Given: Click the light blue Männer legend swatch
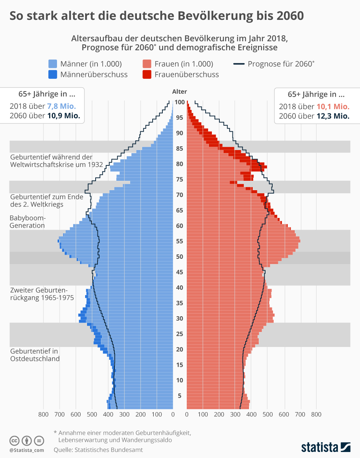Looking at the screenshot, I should point(53,64).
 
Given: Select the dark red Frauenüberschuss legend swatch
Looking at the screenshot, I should point(147,74).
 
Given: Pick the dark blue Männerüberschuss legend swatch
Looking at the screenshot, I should point(53,74).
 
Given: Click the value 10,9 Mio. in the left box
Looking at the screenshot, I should point(63,116).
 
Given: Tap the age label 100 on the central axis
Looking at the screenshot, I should point(180,102).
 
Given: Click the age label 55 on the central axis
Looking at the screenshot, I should point(180,241).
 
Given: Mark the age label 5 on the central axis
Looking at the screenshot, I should point(180,396).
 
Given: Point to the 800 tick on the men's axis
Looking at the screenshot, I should point(43,414).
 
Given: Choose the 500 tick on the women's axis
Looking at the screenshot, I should point(267,414).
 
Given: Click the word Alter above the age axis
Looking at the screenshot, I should point(180,92).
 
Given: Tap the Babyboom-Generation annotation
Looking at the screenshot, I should point(28,222).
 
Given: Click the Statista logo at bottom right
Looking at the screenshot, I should point(325,447).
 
